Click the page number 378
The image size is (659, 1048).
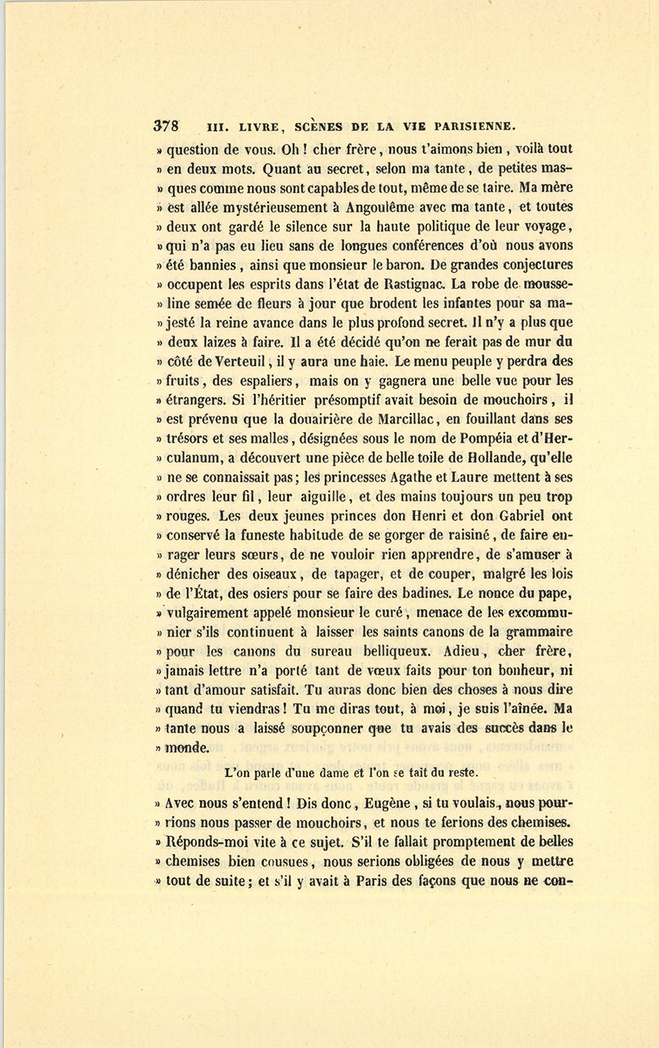pos(166,125)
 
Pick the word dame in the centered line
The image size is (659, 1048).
pos(329,772)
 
